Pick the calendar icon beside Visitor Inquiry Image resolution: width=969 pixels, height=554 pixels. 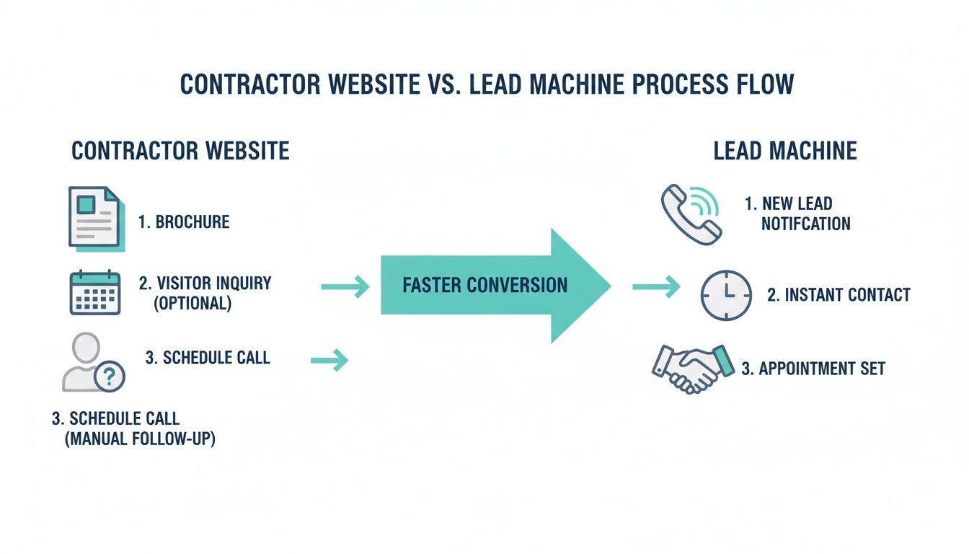click(x=94, y=292)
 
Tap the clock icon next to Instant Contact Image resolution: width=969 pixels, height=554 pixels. click(x=726, y=295)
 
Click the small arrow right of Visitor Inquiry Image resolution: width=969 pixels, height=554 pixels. click(x=345, y=288)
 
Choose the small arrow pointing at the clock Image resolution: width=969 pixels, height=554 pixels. click(x=655, y=288)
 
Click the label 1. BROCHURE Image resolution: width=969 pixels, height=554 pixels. click(x=184, y=221)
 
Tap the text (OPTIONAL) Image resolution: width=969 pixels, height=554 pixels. click(x=193, y=304)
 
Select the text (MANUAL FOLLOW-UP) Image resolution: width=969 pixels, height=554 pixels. click(x=140, y=438)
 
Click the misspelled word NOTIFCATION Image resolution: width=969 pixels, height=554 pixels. click(x=805, y=224)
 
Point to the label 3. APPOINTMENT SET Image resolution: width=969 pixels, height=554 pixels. click(x=813, y=369)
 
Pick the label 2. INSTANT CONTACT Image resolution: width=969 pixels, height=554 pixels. click(x=839, y=295)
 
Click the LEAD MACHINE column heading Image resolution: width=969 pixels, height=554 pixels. click(x=785, y=151)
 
